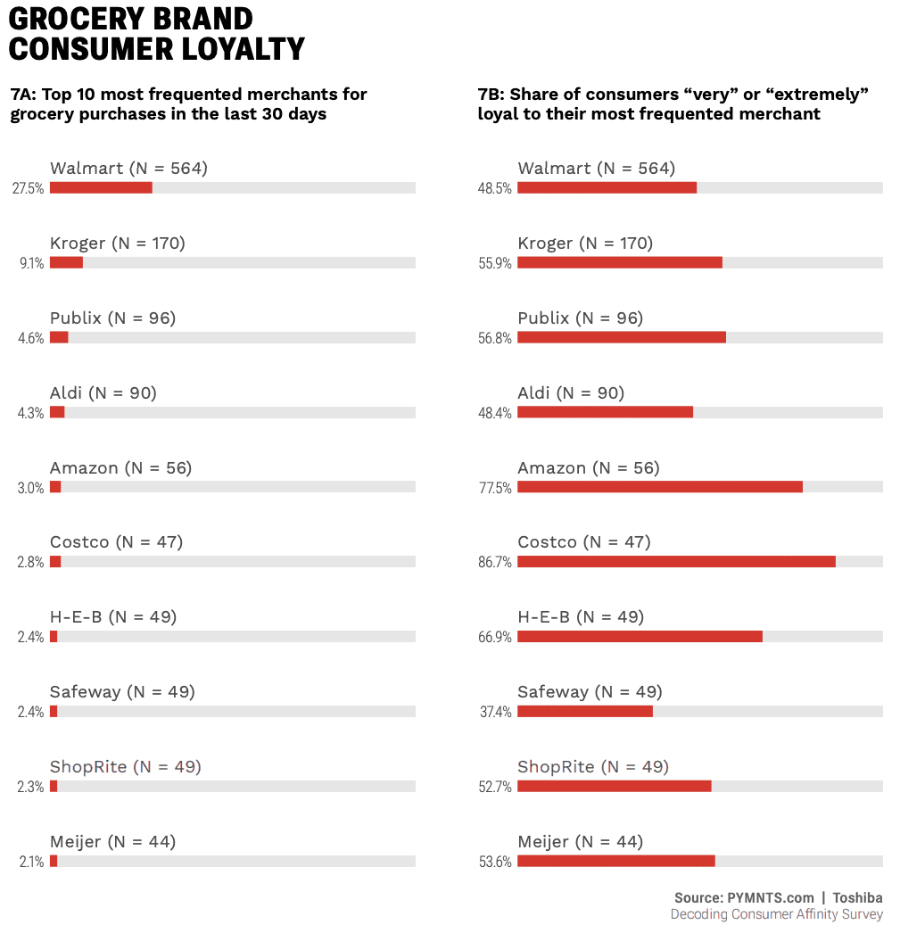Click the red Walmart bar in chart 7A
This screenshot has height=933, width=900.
101,187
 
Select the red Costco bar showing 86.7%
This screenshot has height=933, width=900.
676,562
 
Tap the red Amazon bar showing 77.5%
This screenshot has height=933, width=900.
660,487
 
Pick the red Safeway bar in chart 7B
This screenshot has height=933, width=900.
585,711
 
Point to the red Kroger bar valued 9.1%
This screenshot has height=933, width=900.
66,262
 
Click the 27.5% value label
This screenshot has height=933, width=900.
28,189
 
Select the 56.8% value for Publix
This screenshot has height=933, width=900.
495,338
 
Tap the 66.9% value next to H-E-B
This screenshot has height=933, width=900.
495,638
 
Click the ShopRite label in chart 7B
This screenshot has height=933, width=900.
593,767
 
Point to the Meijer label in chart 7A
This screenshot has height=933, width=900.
112,842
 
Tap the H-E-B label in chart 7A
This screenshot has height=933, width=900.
113,617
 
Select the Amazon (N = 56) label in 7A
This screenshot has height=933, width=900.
120,468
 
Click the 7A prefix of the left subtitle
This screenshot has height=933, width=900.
22,95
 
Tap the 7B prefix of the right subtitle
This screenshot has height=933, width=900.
491,95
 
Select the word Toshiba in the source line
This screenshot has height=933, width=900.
857,898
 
